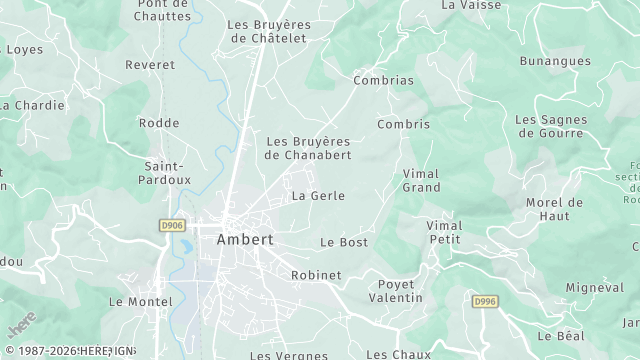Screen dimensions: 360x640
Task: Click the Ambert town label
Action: [x=245, y=240]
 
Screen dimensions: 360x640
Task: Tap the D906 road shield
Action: [x=172, y=226]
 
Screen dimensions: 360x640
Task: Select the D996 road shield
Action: [x=485, y=301]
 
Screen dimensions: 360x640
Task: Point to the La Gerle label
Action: [x=318, y=196]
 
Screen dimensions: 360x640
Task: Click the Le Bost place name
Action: [x=344, y=243]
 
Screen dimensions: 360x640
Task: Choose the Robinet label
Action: [x=316, y=275]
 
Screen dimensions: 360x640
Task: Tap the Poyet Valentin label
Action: [x=395, y=291]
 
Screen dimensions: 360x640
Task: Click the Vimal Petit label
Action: [x=445, y=232]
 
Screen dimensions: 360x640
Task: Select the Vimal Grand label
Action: [x=421, y=181]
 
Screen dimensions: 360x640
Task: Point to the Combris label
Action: [x=403, y=125]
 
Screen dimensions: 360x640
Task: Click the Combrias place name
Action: [x=383, y=79]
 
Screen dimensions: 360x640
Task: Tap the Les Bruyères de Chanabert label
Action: [x=308, y=148]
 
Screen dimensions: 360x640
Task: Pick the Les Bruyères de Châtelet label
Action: [x=269, y=31]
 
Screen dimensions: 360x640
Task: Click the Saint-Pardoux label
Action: [x=167, y=173]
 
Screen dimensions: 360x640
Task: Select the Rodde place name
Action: [x=160, y=124]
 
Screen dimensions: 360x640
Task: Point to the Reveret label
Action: [x=150, y=65]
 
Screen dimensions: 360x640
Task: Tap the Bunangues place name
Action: [x=553, y=61]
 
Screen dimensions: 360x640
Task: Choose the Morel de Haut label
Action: [x=554, y=209]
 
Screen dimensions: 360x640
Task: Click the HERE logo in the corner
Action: [x=21, y=327]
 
